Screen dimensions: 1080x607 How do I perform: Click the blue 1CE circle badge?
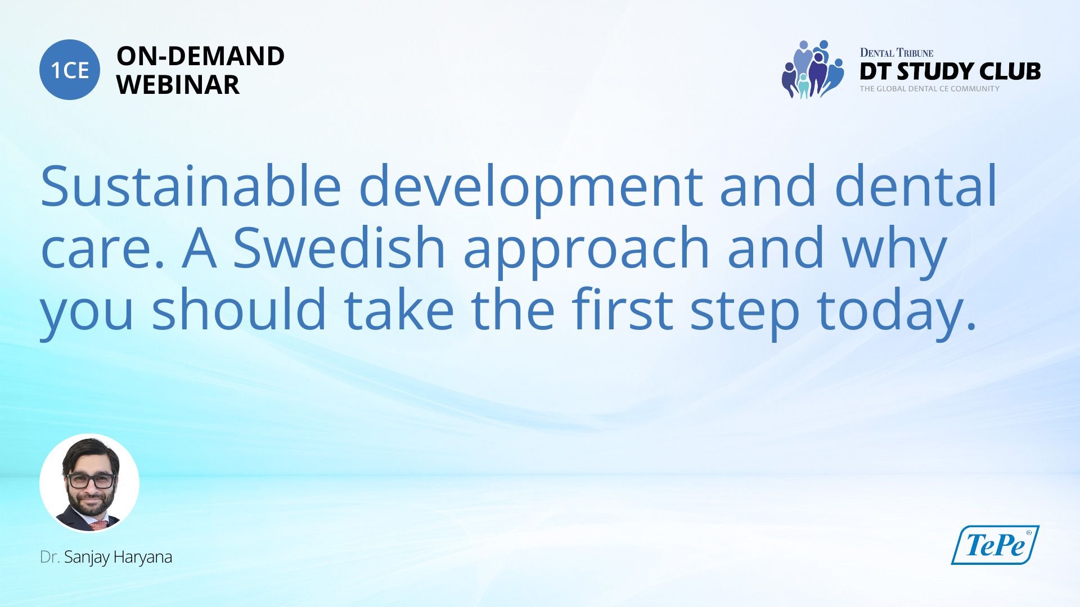70,70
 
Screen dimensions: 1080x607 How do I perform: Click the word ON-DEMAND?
200,56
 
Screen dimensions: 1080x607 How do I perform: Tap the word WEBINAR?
178,85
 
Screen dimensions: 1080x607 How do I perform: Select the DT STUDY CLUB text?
950,71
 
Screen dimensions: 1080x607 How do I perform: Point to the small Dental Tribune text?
896,53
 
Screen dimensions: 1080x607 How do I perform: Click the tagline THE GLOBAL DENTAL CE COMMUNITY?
929,89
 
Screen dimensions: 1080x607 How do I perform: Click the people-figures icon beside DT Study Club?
812,69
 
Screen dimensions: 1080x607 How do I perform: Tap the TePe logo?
995,545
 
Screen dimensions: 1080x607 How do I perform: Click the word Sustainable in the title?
191,186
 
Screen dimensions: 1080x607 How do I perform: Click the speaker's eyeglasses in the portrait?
91,481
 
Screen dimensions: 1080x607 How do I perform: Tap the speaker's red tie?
99,525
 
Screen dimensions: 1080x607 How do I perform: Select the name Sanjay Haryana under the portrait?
118,558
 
